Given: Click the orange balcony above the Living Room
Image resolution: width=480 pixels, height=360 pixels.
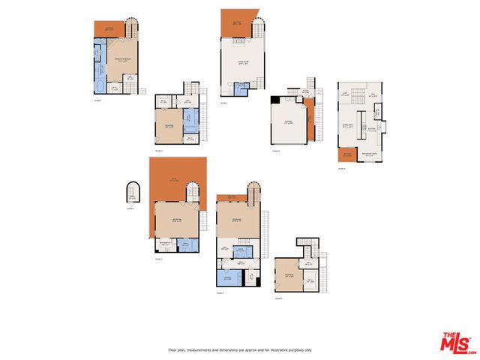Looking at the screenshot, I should [x=238, y=22].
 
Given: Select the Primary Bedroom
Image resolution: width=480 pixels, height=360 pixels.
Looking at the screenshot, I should [x=121, y=60].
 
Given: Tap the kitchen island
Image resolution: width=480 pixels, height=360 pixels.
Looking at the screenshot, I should [x=361, y=119].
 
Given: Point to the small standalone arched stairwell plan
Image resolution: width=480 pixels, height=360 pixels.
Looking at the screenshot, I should [x=133, y=194].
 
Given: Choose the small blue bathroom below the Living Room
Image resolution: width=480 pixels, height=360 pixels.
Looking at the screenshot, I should [x=241, y=88].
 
